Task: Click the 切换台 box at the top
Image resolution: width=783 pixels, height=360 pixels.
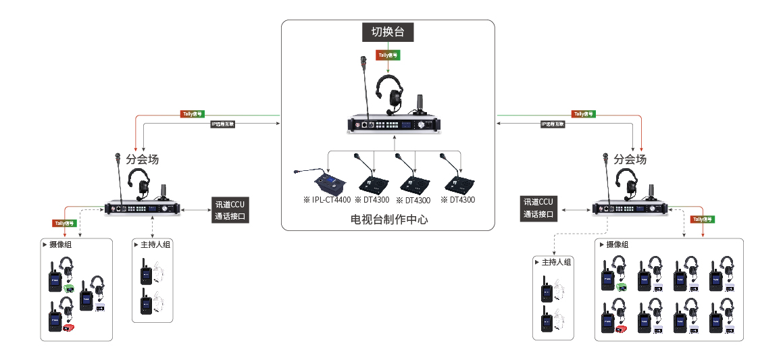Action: (388, 32)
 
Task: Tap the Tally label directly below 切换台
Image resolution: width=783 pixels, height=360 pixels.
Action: (387, 54)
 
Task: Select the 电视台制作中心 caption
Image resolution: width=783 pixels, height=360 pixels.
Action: (389, 220)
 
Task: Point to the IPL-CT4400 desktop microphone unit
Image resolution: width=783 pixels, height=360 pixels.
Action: (329, 182)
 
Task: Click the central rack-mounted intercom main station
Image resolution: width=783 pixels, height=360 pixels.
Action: (392, 124)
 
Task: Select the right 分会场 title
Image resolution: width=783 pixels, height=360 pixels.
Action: (630, 159)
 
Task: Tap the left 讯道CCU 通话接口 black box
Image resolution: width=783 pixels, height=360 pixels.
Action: (230, 210)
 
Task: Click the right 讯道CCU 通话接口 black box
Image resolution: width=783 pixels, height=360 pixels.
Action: (538, 209)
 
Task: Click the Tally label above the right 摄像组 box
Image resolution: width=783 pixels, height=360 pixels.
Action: (703, 220)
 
